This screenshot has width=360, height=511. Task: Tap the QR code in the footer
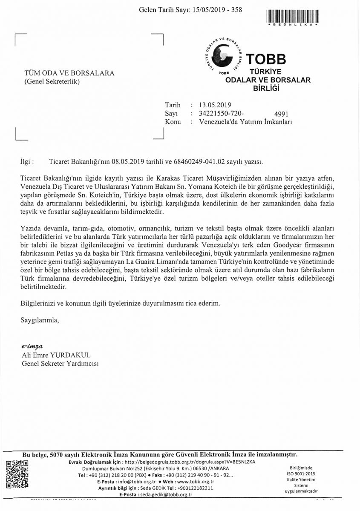(x=17, y=473)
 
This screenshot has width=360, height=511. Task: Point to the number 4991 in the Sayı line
(x=282, y=114)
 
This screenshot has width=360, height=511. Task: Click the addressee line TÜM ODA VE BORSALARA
(x=69, y=73)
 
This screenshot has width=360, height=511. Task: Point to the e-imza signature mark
(x=33, y=347)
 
